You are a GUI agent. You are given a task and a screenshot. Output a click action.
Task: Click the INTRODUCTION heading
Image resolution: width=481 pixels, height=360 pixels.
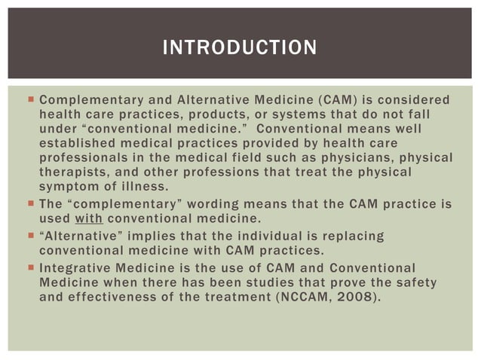tap(240, 49)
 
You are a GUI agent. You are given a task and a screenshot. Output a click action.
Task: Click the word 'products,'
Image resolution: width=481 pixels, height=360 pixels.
tap(205, 114)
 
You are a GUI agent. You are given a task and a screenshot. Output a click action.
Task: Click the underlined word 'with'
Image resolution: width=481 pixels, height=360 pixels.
tap(88, 219)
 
